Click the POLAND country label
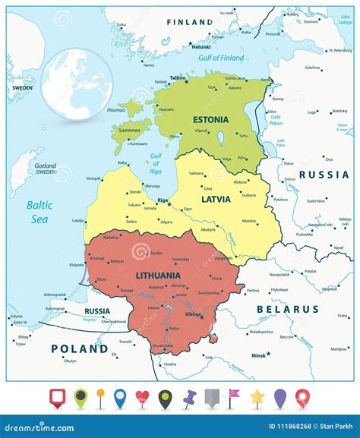(80, 348)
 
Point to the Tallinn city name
(177, 78)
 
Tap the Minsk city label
(259, 354)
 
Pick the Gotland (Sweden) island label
(30, 169)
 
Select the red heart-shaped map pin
(143, 396)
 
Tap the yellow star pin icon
(258, 396)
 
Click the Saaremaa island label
(128, 130)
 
